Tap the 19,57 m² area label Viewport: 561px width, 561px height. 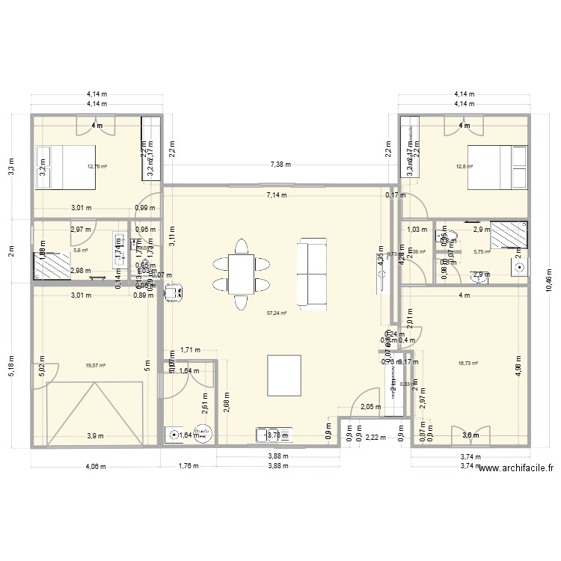point(96,365)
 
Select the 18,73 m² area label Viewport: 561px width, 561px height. point(467,364)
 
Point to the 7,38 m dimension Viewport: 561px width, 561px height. point(278,164)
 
